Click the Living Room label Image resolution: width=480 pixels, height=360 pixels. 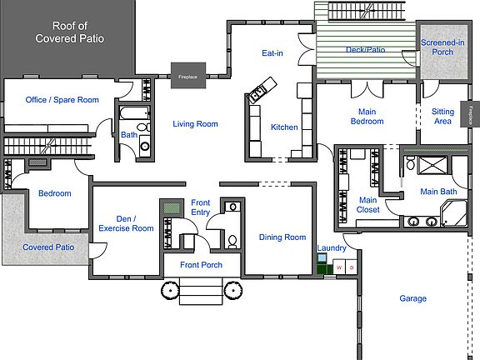195,124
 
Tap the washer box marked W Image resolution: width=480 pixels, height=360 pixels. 339,267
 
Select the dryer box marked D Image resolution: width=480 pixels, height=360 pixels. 352,267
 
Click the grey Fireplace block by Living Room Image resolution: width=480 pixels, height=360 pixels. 188,76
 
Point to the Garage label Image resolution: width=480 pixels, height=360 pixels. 413,298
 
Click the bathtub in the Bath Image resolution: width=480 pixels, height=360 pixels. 134,112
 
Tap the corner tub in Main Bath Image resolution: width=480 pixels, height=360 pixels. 454,213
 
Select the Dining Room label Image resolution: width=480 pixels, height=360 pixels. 282,237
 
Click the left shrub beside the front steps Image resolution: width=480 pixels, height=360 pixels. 170,290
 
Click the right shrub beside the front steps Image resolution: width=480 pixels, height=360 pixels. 233,290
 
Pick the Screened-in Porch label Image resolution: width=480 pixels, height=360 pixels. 442,47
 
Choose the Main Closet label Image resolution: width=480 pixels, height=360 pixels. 368,205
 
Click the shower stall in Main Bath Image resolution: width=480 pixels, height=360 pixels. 432,165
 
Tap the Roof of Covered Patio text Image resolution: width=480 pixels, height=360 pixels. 69,32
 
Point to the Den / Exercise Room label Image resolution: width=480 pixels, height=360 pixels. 126,223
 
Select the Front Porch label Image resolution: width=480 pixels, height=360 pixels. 201,265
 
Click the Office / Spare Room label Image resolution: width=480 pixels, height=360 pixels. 62,100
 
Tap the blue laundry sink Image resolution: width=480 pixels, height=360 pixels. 322,258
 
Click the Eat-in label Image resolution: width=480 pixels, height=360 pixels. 272,53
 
